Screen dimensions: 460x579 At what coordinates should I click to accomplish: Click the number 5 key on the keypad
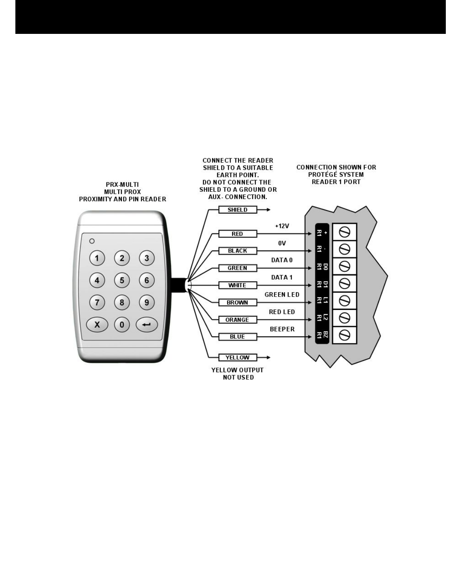point(122,280)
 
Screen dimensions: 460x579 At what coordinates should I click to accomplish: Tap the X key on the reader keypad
point(97,325)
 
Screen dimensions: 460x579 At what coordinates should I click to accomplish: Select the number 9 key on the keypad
point(147,302)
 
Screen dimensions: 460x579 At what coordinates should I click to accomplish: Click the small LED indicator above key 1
point(92,241)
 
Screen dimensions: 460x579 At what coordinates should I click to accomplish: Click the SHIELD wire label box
point(238,210)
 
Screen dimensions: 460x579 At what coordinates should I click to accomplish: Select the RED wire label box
point(237,234)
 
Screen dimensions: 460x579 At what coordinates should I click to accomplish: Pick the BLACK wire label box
point(237,251)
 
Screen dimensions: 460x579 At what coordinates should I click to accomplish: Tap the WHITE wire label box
point(237,285)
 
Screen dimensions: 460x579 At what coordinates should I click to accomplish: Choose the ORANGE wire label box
point(237,320)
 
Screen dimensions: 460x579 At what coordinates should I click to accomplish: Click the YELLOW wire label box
point(237,358)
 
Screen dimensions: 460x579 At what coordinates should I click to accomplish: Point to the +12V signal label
point(282,226)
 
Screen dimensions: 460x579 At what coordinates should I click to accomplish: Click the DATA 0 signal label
point(282,260)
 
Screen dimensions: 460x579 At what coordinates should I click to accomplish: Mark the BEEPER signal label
point(282,329)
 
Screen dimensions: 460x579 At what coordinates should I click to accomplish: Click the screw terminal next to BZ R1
point(345,335)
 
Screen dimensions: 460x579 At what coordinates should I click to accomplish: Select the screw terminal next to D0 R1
point(345,267)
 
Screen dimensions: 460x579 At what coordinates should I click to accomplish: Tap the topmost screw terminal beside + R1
point(345,232)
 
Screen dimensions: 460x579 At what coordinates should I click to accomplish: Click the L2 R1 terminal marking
point(322,317)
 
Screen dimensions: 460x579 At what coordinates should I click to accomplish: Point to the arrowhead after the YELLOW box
point(268,358)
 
